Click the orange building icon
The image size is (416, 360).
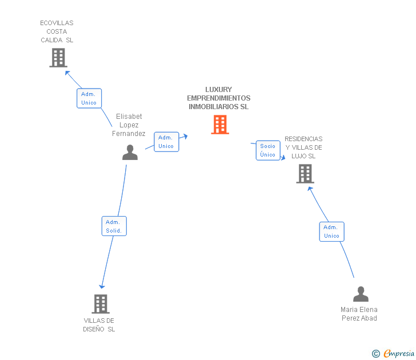pyautogui.click(x=220, y=125)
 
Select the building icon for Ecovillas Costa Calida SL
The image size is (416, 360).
pyautogui.click(x=58, y=58)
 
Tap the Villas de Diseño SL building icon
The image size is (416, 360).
pyautogui.click(x=101, y=304)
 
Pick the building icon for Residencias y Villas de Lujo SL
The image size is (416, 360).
pyautogui.click(x=305, y=174)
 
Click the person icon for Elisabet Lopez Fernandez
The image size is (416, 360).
pyautogui.click(x=130, y=152)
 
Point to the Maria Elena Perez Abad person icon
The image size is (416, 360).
pyautogui.click(x=361, y=294)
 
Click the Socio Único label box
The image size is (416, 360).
pyautogui.click(x=268, y=150)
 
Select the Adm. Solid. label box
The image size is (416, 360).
pyautogui.click(x=114, y=226)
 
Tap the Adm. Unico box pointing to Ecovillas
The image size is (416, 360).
pyautogui.click(x=89, y=98)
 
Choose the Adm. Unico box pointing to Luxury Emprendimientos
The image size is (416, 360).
pyautogui.click(x=166, y=142)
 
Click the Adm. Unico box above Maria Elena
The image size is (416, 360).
pyautogui.click(x=331, y=231)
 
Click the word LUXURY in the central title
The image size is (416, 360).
pyautogui.click(x=219, y=89)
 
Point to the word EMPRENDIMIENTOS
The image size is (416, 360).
pyautogui.click(x=219, y=98)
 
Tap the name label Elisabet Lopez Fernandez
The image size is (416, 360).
pyautogui.click(x=129, y=125)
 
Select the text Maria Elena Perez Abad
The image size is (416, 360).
pyautogui.click(x=359, y=314)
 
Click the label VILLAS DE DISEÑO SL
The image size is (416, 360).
pyautogui.click(x=99, y=325)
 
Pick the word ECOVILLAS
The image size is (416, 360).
pyautogui.click(x=57, y=23)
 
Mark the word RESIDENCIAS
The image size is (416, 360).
pyautogui.click(x=303, y=139)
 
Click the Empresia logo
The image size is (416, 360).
pyautogui.click(x=393, y=353)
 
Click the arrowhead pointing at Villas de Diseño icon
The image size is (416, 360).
pyautogui.click(x=102, y=286)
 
